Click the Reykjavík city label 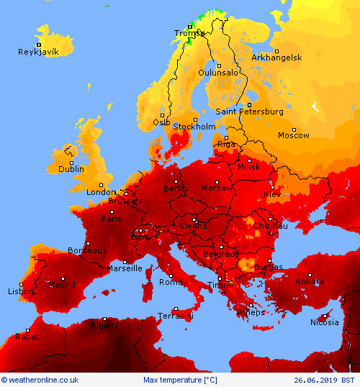tap(38, 52)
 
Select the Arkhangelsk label tap(276, 58)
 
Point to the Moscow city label tap(294, 135)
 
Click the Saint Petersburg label tap(249, 111)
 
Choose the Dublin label tap(71, 169)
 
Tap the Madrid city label tap(61, 285)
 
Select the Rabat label tap(27, 336)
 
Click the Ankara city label tap(310, 281)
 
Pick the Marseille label tap(125, 268)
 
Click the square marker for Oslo tap(163, 115)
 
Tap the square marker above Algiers tap(104, 319)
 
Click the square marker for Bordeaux tap(88, 243)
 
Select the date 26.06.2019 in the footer tap(316, 380)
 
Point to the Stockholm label tap(195, 127)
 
